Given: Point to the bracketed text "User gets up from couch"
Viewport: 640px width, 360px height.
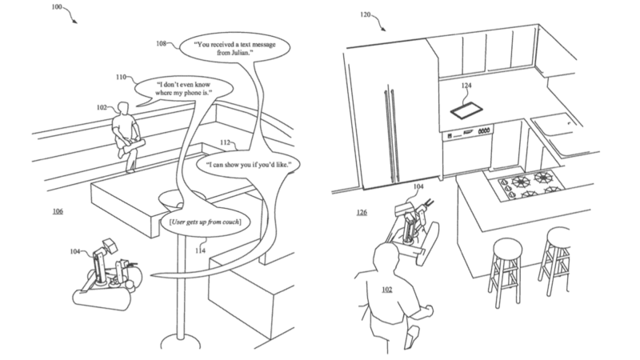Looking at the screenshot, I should [206, 220].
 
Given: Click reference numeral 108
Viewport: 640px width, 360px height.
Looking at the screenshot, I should [162, 45].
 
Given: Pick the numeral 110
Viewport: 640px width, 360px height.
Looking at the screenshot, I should [121, 78].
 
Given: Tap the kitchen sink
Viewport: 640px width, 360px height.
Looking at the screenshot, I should [550, 126].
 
